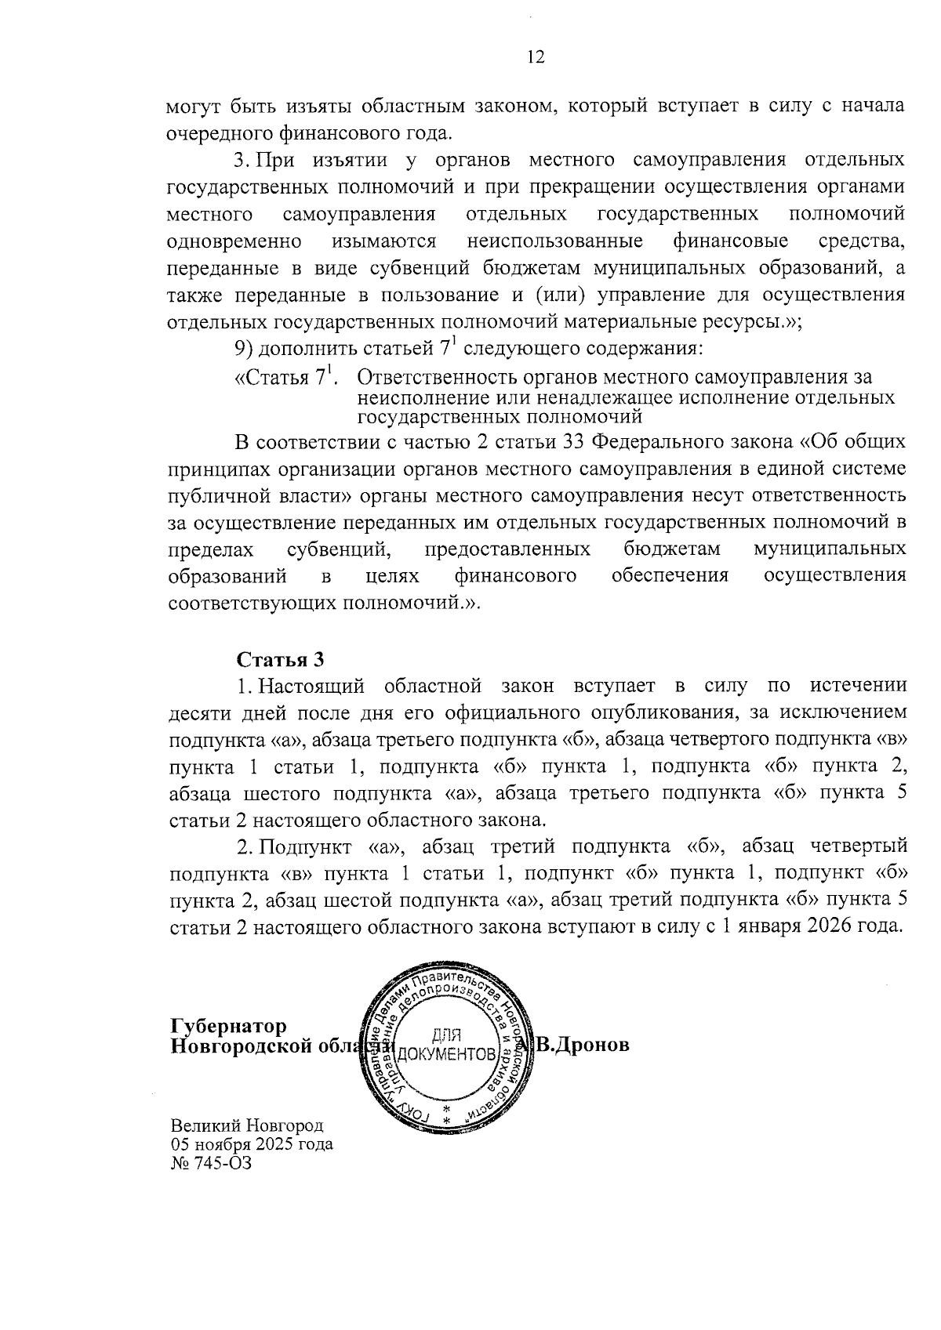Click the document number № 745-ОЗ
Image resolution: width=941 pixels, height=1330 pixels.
point(212,1163)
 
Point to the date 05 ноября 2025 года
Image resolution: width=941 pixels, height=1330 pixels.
point(252,1144)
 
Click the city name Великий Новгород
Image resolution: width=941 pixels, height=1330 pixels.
point(247,1125)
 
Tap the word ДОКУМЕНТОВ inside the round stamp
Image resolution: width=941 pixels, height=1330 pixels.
point(447,1054)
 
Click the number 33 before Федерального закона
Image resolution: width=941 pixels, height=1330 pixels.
point(574,442)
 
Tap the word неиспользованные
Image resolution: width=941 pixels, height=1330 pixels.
point(554,240)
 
